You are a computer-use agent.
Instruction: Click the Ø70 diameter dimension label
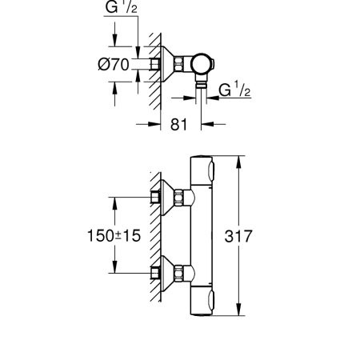114,65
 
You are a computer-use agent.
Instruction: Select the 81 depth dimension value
178,124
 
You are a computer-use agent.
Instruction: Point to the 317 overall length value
238,236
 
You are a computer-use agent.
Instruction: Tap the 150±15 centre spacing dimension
114,236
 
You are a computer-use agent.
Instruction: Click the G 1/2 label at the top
122,7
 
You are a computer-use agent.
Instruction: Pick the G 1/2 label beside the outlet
234,90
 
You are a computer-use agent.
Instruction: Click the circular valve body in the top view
202,64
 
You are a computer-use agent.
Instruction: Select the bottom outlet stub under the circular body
201,81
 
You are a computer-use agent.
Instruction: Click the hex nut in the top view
178,64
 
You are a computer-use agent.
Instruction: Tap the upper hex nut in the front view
178,198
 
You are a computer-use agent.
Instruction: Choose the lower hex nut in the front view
178,274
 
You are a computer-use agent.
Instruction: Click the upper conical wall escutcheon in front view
167,198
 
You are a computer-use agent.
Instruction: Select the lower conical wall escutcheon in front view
167,274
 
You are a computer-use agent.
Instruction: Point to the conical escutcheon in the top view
167,64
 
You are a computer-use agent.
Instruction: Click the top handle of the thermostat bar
202,170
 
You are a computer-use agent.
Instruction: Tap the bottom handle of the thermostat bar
202,301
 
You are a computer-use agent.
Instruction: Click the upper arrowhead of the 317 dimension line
239,162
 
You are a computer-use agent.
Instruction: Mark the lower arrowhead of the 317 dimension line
239,310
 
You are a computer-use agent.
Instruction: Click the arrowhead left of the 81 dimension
154,124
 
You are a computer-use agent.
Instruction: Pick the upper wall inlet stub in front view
155,198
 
